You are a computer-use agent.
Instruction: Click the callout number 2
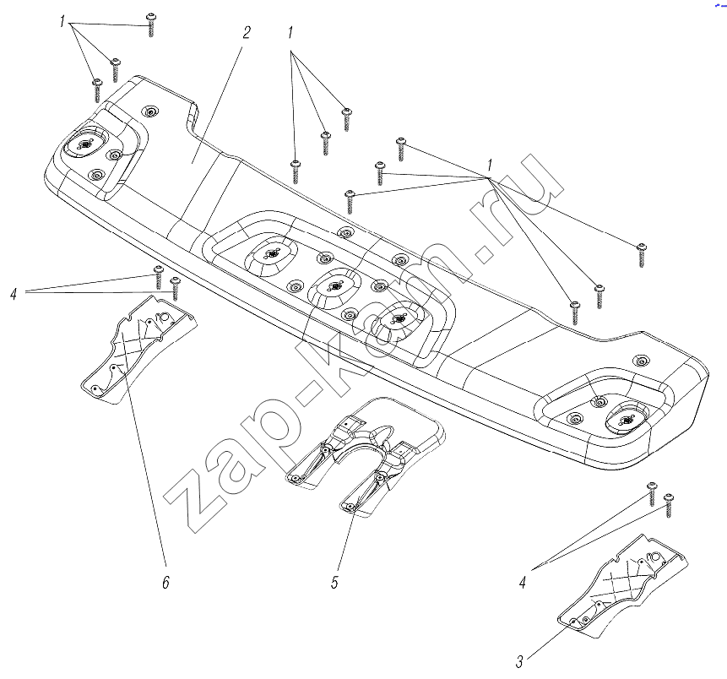tap(247, 32)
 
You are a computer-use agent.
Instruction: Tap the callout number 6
tap(166, 582)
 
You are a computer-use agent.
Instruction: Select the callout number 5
tap(334, 583)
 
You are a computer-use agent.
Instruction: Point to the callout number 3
tap(519, 662)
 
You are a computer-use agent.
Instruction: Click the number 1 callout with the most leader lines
tap(490, 166)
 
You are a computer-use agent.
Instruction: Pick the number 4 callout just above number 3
tap(523, 583)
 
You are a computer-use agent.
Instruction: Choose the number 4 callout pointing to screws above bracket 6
tap(14, 293)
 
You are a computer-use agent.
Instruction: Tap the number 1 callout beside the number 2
tap(290, 33)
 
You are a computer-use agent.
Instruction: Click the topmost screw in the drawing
tap(151, 25)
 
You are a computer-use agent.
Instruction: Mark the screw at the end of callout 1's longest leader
tap(642, 255)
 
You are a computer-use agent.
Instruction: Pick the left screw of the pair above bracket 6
tap(159, 277)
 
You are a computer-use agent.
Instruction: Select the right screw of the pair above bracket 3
tap(668, 506)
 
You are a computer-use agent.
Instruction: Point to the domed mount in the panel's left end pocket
tap(85, 144)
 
